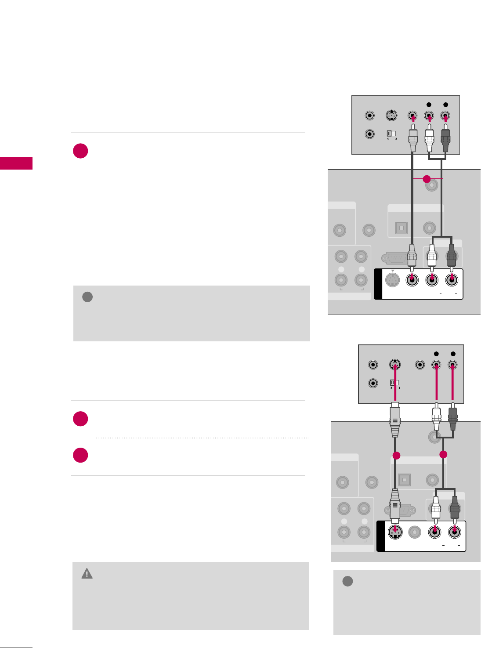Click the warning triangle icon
point(87,574)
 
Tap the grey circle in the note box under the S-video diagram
point(347,581)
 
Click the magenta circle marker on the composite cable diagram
point(426,179)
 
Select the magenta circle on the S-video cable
point(396,456)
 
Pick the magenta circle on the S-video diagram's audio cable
point(443,454)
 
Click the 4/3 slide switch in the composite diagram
point(391,134)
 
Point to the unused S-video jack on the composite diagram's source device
point(391,116)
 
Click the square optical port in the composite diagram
point(401,228)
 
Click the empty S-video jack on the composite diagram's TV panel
point(392,280)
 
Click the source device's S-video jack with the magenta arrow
point(395,365)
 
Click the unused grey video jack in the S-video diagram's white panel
point(415,532)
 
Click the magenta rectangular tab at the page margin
point(16,163)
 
